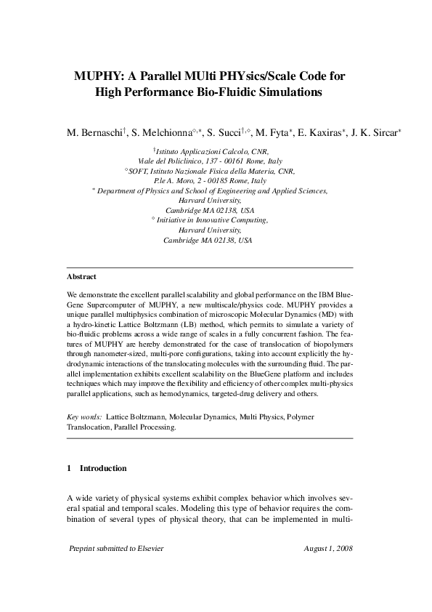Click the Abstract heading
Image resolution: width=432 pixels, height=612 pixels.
tap(81, 277)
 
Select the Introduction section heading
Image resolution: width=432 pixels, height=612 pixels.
tap(103, 468)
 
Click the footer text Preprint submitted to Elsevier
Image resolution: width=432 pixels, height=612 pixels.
tap(115, 548)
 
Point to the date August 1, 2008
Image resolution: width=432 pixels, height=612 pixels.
tap(328, 548)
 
